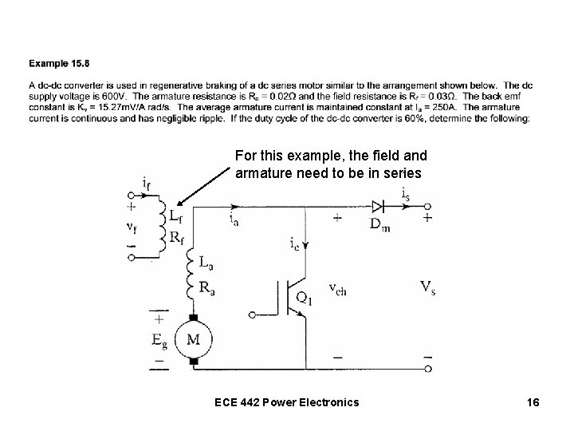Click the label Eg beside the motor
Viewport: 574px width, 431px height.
coord(161,339)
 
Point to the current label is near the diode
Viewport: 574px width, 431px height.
coord(406,192)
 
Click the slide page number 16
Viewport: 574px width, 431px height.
coord(532,402)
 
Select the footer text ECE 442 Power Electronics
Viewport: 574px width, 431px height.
coord(286,402)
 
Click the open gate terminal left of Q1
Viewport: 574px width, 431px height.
coord(253,315)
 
